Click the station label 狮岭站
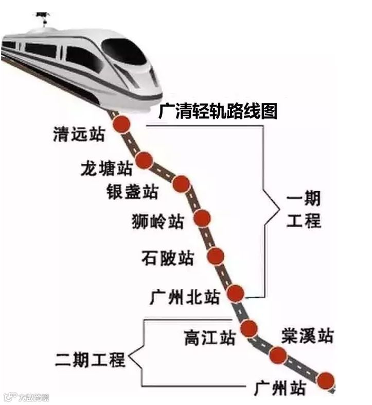click(x=157, y=222)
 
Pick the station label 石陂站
click(x=168, y=257)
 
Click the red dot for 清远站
click(x=122, y=124)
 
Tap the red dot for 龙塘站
click(x=145, y=160)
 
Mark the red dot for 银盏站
click(x=181, y=183)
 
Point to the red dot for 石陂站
click(x=216, y=255)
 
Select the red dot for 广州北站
click(x=235, y=293)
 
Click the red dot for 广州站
click(x=325, y=381)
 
